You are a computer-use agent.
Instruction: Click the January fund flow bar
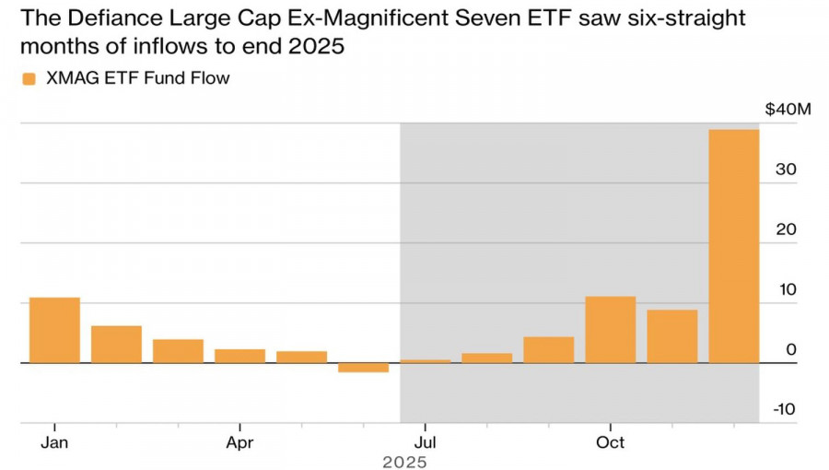point(54,330)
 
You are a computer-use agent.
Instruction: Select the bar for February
point(116,344)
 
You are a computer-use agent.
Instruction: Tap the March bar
point(178,351)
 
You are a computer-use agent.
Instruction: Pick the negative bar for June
point(363,368)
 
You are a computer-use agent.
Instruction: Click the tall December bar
point(733,246)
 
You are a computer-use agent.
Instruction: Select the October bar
point(610,329)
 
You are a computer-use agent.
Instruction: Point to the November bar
point(671,336)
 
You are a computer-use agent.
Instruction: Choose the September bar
point(548,349)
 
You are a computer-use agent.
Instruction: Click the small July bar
point(425,361)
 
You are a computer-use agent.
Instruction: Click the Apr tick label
point(239,442)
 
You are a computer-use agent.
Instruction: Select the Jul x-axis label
point(425,442)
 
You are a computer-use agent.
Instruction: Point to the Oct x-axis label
point(610,442)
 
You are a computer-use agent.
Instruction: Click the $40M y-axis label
point(788,111)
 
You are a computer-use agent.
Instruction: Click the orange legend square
point(28,79)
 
